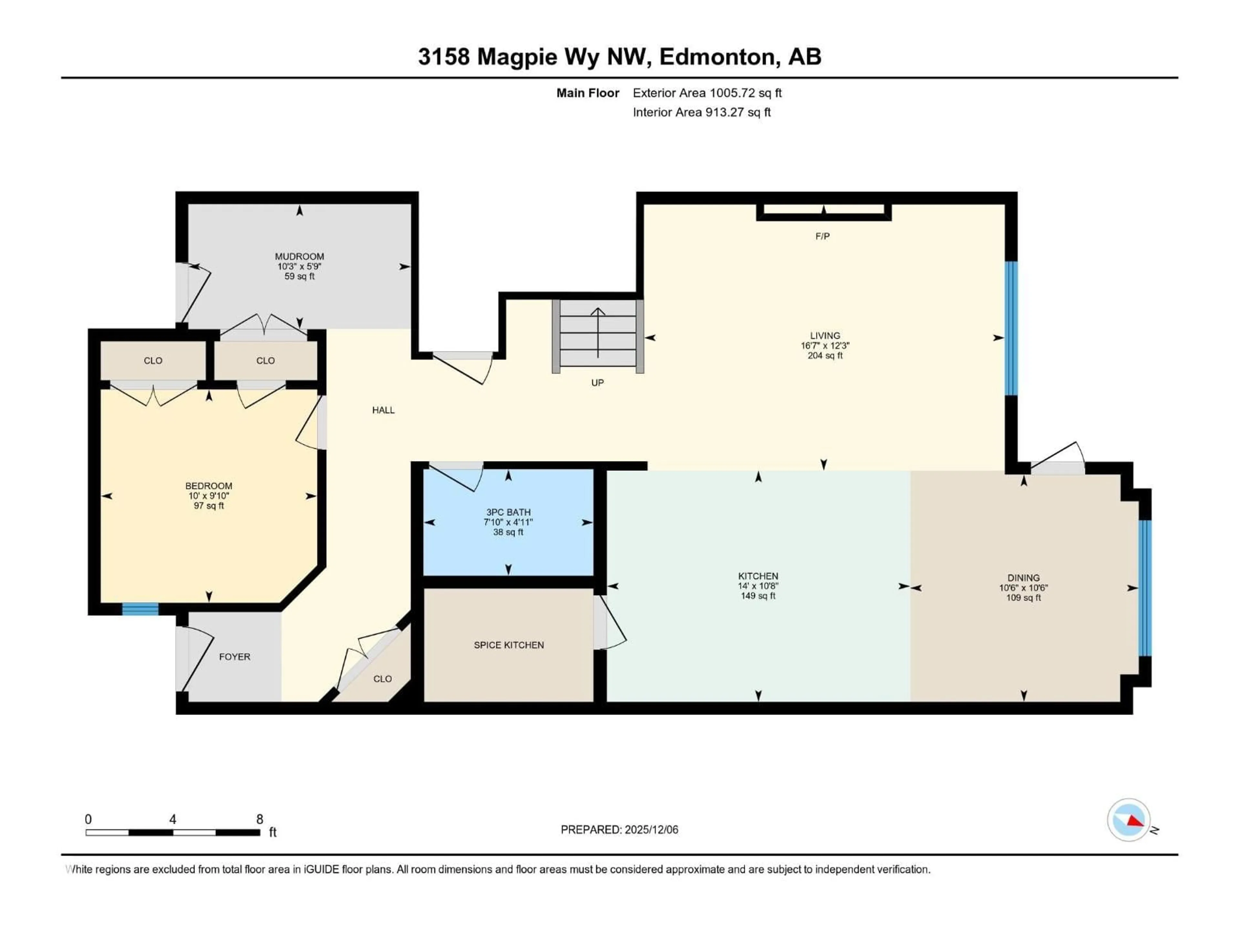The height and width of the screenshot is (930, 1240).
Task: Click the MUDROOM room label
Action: pos(299,256)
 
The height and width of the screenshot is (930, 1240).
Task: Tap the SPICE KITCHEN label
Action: pos(509,645)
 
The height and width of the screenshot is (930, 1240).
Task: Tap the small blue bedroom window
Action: pos(140,609)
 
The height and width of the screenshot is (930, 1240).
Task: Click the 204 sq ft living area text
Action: pos(825,356)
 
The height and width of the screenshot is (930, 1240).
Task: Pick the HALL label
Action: pos(383,410)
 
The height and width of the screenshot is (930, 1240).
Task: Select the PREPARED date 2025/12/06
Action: pos(650,830)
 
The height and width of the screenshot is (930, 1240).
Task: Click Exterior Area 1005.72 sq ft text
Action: pos(707,93)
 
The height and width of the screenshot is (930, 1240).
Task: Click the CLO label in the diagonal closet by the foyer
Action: pos(382,679)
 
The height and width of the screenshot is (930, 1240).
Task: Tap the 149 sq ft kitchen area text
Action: pos(758,596)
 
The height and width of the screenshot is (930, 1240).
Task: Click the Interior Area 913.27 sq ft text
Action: pos(701,112)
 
